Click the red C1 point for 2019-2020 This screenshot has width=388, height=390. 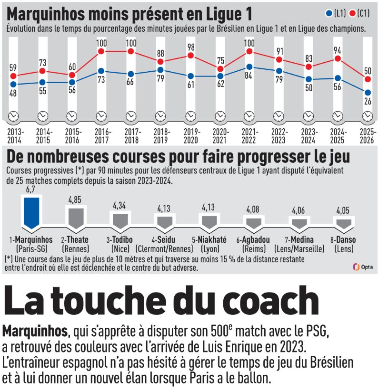click(x=190, y=56)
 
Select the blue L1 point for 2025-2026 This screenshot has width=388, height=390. click(x=368, y=93)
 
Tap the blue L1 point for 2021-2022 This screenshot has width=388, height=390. click(x=249, y=67)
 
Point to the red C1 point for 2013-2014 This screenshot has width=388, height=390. click(x=13, y=76)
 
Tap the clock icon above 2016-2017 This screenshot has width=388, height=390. click(x=101, y=116)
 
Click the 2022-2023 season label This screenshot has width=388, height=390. click(x=279, y=136)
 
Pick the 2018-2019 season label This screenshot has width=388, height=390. click(x=161, y=136)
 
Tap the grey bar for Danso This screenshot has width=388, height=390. click(x=343, y=223)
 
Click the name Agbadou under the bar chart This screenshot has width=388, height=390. click(x=253, y=240)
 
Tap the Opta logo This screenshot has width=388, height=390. click(x=363, y=267)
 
